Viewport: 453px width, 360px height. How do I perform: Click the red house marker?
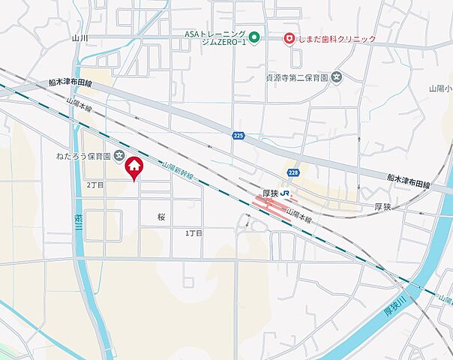click(x=133, y=167)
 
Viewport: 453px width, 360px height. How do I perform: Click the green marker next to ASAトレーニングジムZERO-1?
click(x=254, y=37)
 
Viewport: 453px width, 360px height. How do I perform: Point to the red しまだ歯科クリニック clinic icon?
click(x=288, y=38)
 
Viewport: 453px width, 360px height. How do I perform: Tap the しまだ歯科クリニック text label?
click(x=336, y=38)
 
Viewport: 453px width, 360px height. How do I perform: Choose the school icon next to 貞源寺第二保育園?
click(x=337, y=76)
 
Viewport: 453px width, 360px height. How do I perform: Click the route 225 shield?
click(x=238, y=135)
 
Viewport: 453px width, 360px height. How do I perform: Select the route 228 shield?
click(x=292, y=172)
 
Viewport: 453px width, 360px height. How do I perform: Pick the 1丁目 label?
click(x=194, y=233)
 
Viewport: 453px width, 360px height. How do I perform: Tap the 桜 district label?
click(x=161, y=216)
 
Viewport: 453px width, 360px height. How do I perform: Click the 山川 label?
click(x=80, y=37)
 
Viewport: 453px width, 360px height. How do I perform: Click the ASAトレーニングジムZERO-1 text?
click(x=215, y=37)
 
